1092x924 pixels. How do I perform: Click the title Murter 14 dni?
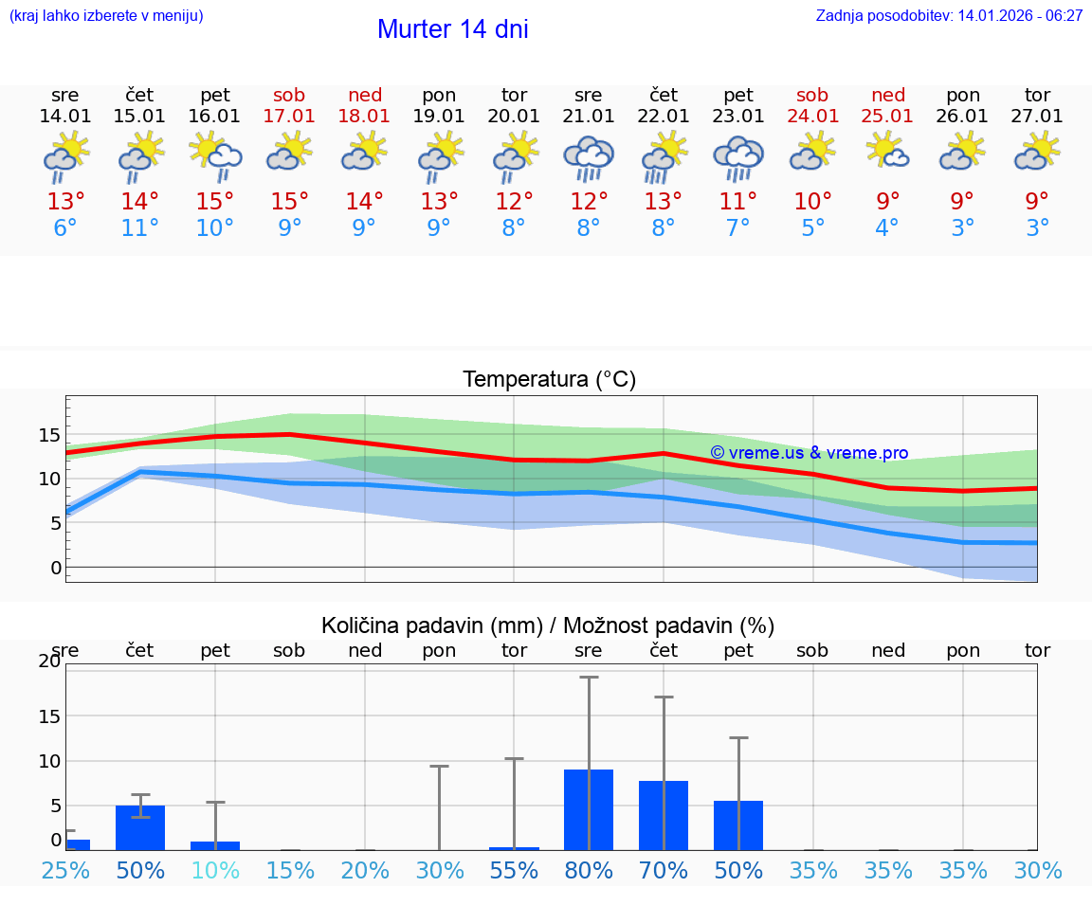[x=452, y=29]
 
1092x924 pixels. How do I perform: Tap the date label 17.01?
[x=289, y=117]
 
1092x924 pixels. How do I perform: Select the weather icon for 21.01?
[x=589, y=158]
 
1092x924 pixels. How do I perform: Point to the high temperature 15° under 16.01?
[x=215, y=201]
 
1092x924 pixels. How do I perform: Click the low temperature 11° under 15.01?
[x=140, y=228]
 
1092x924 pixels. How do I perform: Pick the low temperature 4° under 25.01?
[x=887, y=228]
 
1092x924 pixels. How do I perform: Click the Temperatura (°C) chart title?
[x=549, y=380]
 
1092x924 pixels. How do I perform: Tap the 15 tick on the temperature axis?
[x=49, y=435]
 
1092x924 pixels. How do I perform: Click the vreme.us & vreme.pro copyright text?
[x=809, y=453]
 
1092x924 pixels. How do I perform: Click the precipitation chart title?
[x=548, y=625]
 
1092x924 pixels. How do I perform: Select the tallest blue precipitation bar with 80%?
[x=589, y=809]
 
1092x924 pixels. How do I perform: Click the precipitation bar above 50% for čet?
[x=140, y=827]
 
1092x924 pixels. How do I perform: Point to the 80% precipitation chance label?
[x=589, y=871]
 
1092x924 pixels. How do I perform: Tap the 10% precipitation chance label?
[x=215, y=871]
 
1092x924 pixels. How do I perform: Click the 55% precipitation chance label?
[x=514, y=871]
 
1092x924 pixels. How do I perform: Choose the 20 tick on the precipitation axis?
[x=49, y=661]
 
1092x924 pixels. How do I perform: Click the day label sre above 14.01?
[x=65, y=95]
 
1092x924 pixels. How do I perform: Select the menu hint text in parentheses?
[x=106, y=15]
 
